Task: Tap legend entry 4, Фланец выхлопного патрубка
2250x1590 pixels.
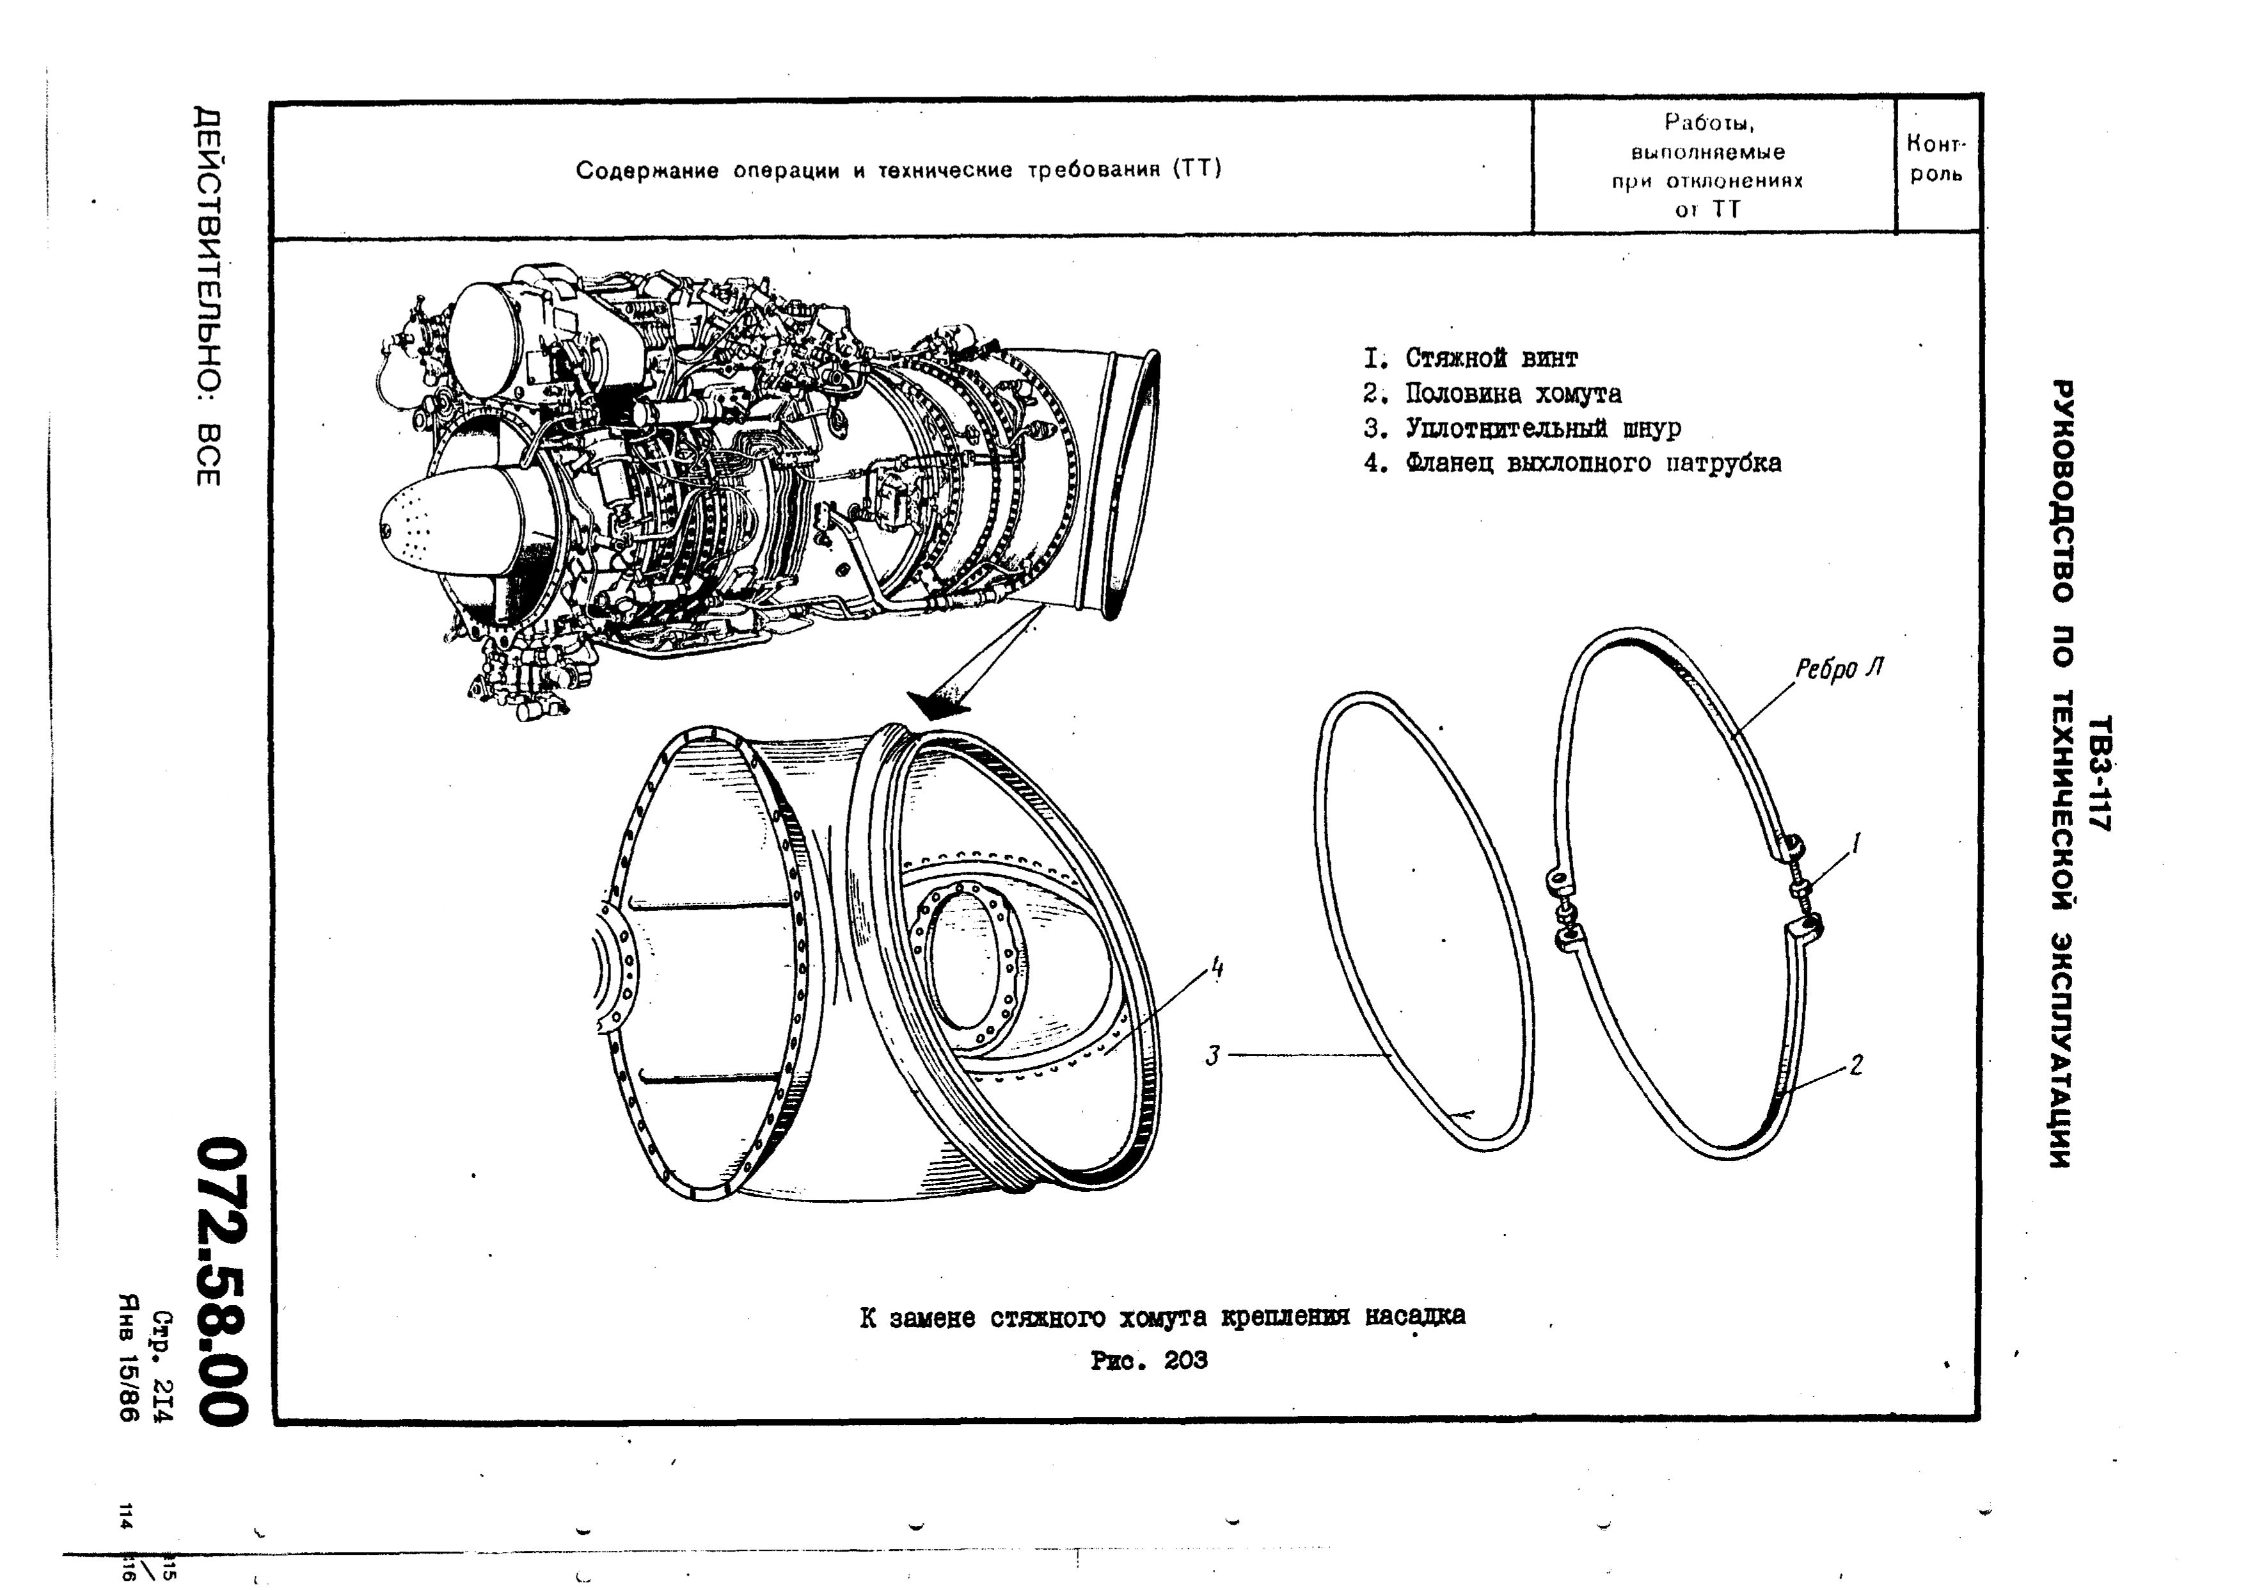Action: click(x=1572, y=463)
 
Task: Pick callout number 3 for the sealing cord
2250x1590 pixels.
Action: click(x=1213, y=1056)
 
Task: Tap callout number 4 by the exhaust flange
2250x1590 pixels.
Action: click(x=1216, y=968)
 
